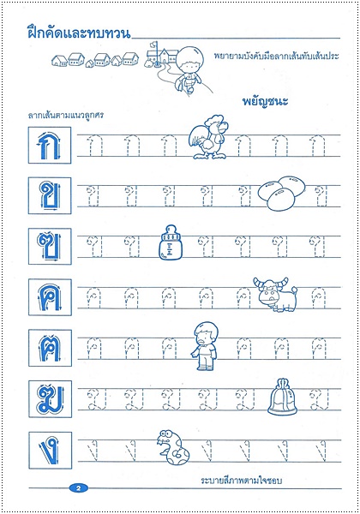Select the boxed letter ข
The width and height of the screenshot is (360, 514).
click(45, 196)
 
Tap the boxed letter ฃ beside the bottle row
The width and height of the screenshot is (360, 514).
click(45, 247)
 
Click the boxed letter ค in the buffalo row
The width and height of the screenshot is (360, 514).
click(45, 297)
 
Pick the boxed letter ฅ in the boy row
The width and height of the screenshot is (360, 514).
click(45, 348)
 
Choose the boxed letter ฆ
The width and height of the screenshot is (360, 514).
click(45, 399)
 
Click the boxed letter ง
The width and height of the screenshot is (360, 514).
click(45, 450)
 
